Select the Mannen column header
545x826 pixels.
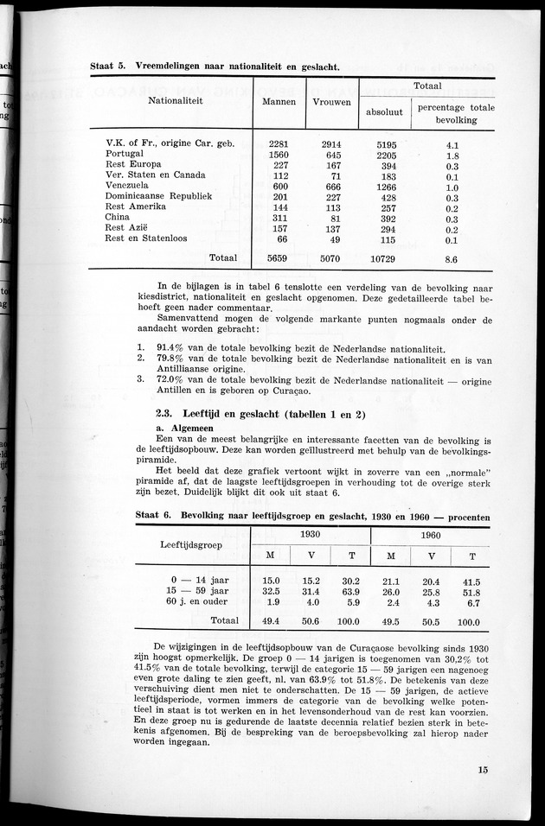pyautogui.click(x=278, y=101)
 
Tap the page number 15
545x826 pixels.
pyautogui.click(x=481, y=772)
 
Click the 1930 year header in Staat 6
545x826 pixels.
pyautogui.click(x=309, y=535)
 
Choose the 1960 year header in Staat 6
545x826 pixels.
pyautogui.click(x=430, y=535)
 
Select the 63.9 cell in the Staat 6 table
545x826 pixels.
pyautogui.click(x=351, y=592)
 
